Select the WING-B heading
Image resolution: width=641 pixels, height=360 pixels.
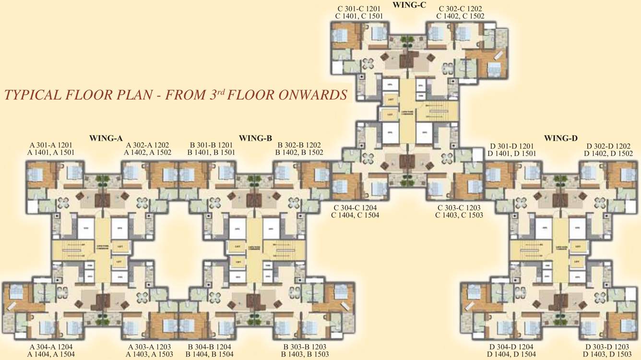255,138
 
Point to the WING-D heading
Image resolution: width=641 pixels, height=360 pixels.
560,138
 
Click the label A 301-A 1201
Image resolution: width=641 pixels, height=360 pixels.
52,145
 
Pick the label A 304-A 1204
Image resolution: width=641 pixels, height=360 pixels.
52,347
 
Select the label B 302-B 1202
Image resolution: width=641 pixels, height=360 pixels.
299,145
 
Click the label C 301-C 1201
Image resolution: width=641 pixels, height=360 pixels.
359,8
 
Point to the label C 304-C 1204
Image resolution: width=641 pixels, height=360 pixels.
356,207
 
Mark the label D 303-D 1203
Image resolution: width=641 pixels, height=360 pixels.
607,347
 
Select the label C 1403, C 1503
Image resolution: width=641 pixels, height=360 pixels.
459,215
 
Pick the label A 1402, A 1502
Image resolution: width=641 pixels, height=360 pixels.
148,153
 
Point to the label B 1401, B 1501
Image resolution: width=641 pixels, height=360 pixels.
211,153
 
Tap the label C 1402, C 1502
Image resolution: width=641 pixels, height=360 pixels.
460,16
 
